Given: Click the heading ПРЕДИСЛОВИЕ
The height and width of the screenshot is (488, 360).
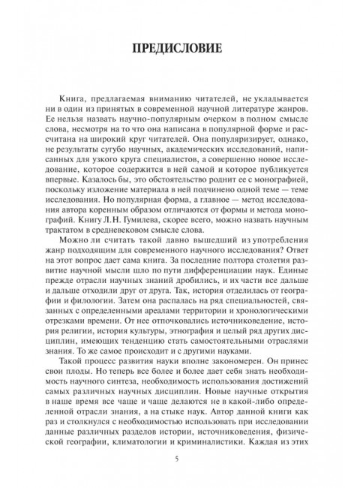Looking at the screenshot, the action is tap(180, 50).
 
